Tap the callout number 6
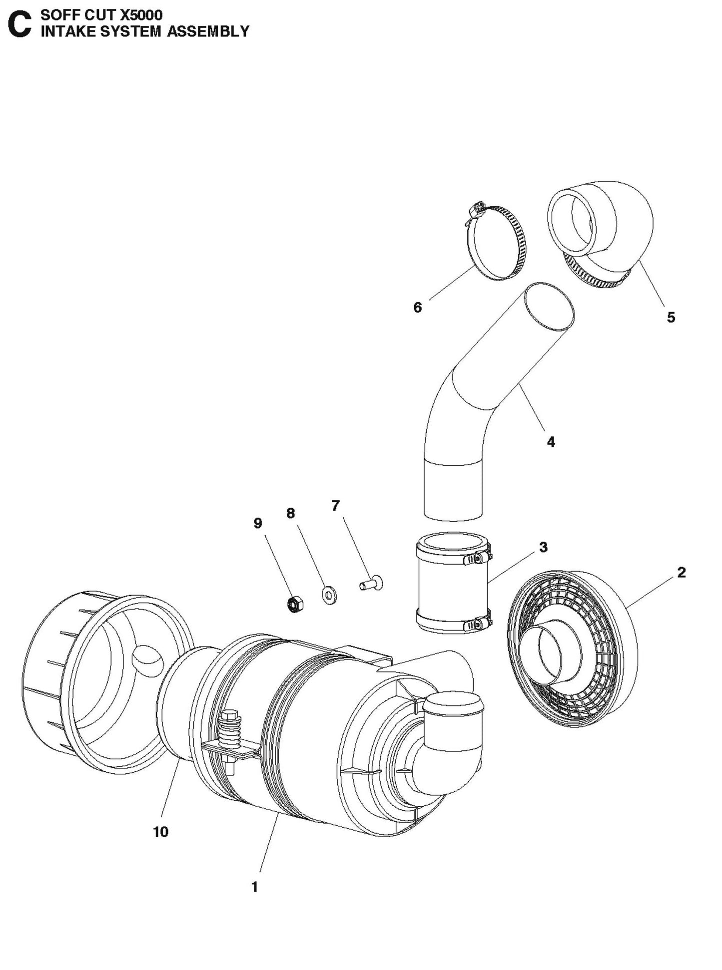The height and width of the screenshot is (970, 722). pos(418,308)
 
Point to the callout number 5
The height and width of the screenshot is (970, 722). pos(671,317)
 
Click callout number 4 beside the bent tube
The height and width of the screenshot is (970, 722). pos(551,442)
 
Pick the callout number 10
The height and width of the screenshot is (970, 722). pos(161,832)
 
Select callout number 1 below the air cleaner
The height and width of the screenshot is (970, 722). pos(255,887)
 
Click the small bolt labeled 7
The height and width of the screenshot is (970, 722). pos(372,583)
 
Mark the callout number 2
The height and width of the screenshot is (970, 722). pos(682,573)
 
